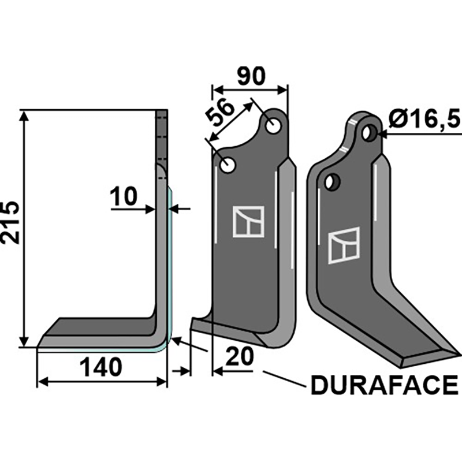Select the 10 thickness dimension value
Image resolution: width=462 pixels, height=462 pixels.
(x=124, y=198)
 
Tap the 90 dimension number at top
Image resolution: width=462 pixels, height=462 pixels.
(x=250, y=76)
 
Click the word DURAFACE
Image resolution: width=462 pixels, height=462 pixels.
(x=384, y=385)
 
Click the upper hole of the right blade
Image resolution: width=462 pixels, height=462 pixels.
(x=368, y=133)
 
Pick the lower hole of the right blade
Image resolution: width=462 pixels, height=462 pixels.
(x=331, y=182)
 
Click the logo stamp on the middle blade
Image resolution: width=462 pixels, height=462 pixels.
(x=248, y=221)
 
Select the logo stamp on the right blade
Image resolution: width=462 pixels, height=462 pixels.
(x=344, y=245)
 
